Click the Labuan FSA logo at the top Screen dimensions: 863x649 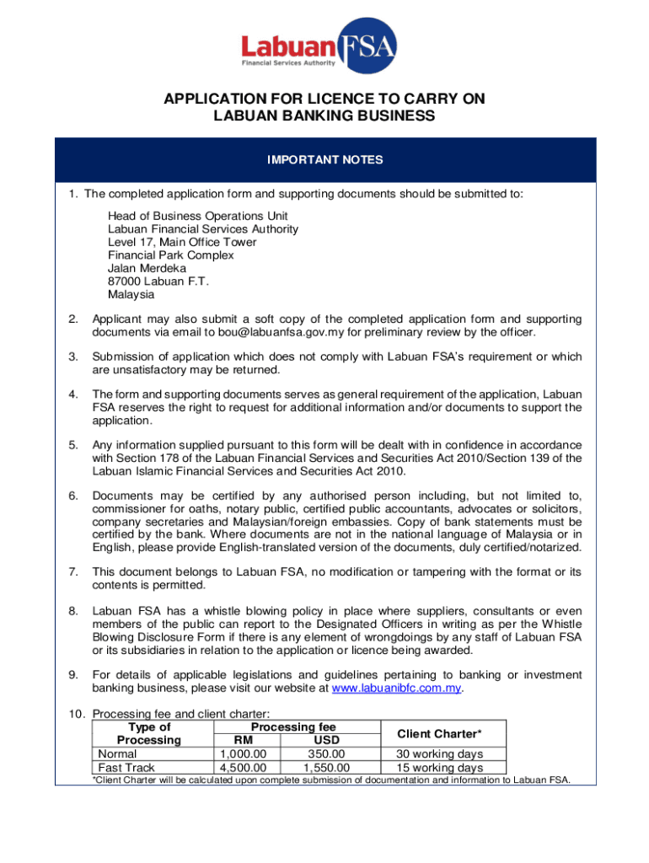(319, 49)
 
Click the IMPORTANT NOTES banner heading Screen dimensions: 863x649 (324, 159)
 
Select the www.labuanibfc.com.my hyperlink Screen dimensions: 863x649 (398, 688)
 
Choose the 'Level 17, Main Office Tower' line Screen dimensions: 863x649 (182, 242)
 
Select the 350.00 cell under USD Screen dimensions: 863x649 (326, 753)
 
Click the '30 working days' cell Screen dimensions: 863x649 (439, 753)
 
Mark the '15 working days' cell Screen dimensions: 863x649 (439, 768)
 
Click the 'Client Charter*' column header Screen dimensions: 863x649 (439, 733)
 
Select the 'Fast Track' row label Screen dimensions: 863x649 (124, 768)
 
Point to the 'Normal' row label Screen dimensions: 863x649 (118, 753)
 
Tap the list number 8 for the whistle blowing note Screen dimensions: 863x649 (73, 610)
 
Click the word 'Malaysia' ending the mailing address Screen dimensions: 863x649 (131, 295)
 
